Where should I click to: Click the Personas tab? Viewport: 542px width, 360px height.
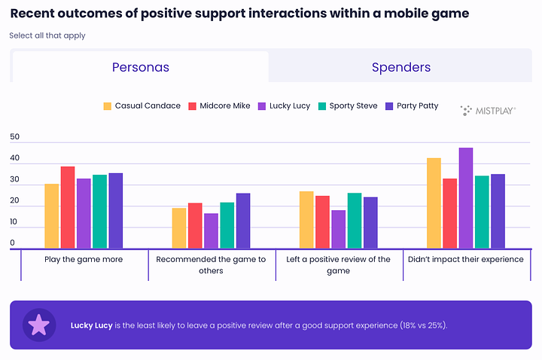[141, 67]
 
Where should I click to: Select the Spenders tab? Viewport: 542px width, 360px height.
[401, 67]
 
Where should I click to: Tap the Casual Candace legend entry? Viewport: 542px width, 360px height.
[142, 106]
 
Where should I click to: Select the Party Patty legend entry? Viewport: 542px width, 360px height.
[410, 106]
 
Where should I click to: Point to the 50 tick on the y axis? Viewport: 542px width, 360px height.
[14, 138]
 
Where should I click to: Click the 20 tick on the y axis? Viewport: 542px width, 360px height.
[14, 201]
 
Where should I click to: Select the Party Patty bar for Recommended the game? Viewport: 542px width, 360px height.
[243, 221]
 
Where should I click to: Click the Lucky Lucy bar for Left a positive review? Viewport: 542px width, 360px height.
[339, 229]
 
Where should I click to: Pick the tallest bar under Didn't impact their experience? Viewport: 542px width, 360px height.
[466, 198]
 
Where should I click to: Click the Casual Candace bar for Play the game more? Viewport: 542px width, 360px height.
[51, 216]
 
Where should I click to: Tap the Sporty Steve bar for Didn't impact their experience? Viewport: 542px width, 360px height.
[482, 212]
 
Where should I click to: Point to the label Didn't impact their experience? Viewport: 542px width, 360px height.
[465, 259]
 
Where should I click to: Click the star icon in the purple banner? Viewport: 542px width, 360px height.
[38, 325]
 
